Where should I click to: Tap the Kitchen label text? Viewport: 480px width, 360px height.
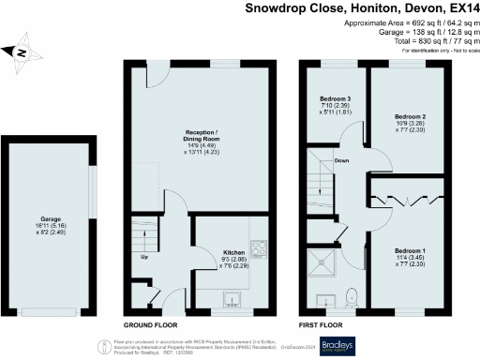(233, 252)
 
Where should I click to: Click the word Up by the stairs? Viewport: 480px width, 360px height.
(144, 256)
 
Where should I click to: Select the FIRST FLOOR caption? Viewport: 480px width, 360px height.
(320, 322)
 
